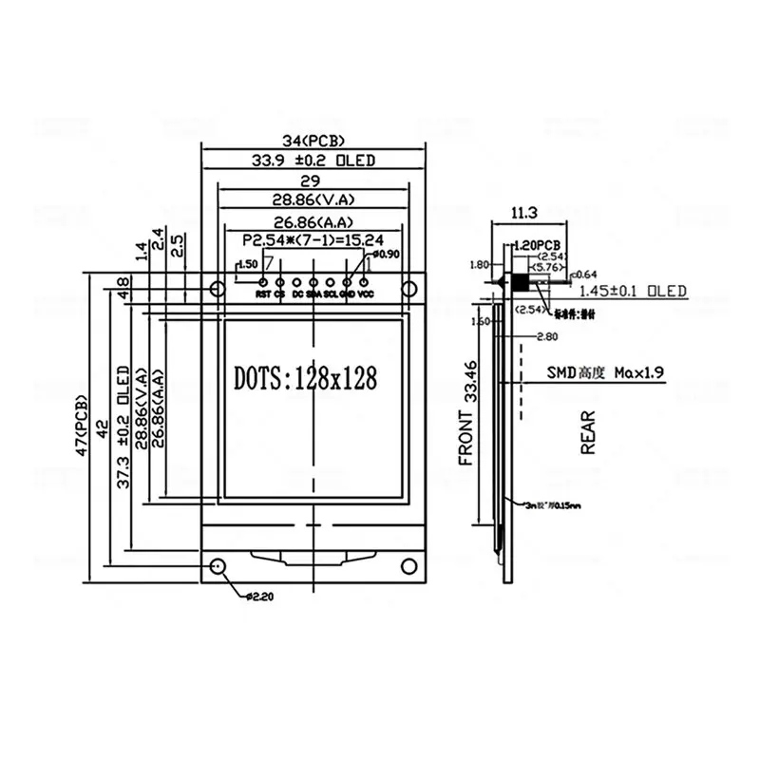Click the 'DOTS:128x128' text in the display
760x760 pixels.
[x=305, y=377]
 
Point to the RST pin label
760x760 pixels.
[x=263, y=294]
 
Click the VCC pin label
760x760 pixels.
[x=366, y=294]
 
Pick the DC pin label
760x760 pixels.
[x=297, y=294]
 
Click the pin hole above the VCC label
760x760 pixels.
[x=364, y=281]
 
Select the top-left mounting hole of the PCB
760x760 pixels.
[x=218, y=286]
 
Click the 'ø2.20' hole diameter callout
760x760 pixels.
[x=259, y=597]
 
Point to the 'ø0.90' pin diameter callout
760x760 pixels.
[x=389, y=254]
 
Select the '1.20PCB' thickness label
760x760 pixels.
[x=539, y=244]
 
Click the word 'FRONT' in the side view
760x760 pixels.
[x=466, y=438]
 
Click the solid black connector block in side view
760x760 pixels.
[x=521, y=283]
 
